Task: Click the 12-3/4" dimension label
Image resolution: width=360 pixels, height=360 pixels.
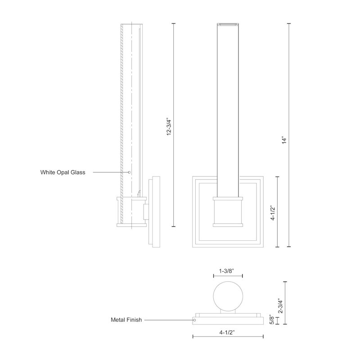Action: point(169,126)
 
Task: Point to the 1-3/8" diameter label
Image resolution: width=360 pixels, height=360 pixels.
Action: point(228,271)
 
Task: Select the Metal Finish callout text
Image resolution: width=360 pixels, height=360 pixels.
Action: point(126,320)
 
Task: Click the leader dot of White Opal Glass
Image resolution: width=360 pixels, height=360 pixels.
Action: point(130,172)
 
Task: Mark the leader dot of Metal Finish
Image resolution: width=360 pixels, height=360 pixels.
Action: point(194,320)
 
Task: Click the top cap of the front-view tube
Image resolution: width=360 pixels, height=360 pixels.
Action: point(228,23)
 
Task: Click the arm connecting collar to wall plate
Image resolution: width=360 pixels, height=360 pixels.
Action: point(146,211)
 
